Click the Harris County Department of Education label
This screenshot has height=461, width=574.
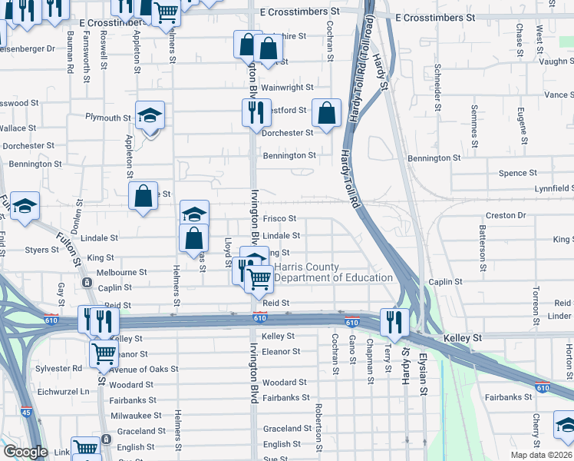click(x=333, y=272)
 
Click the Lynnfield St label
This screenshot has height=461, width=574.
click(x=554, y=188)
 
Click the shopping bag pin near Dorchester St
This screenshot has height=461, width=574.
click(x=327, y=113)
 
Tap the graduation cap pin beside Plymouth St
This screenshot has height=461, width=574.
click(x=150, y=116)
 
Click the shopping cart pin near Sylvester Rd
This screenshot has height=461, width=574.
click(x=103, y=353)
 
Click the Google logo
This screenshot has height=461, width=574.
click(x=25, y=452)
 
